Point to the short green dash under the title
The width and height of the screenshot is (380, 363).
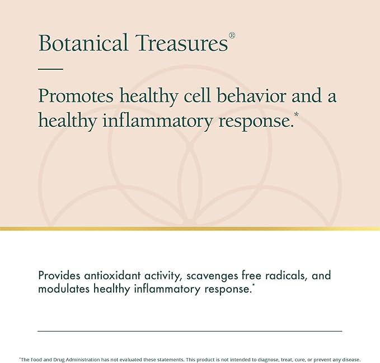(x=50, y=69)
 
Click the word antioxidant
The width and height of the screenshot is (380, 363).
(x=111, y=275)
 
